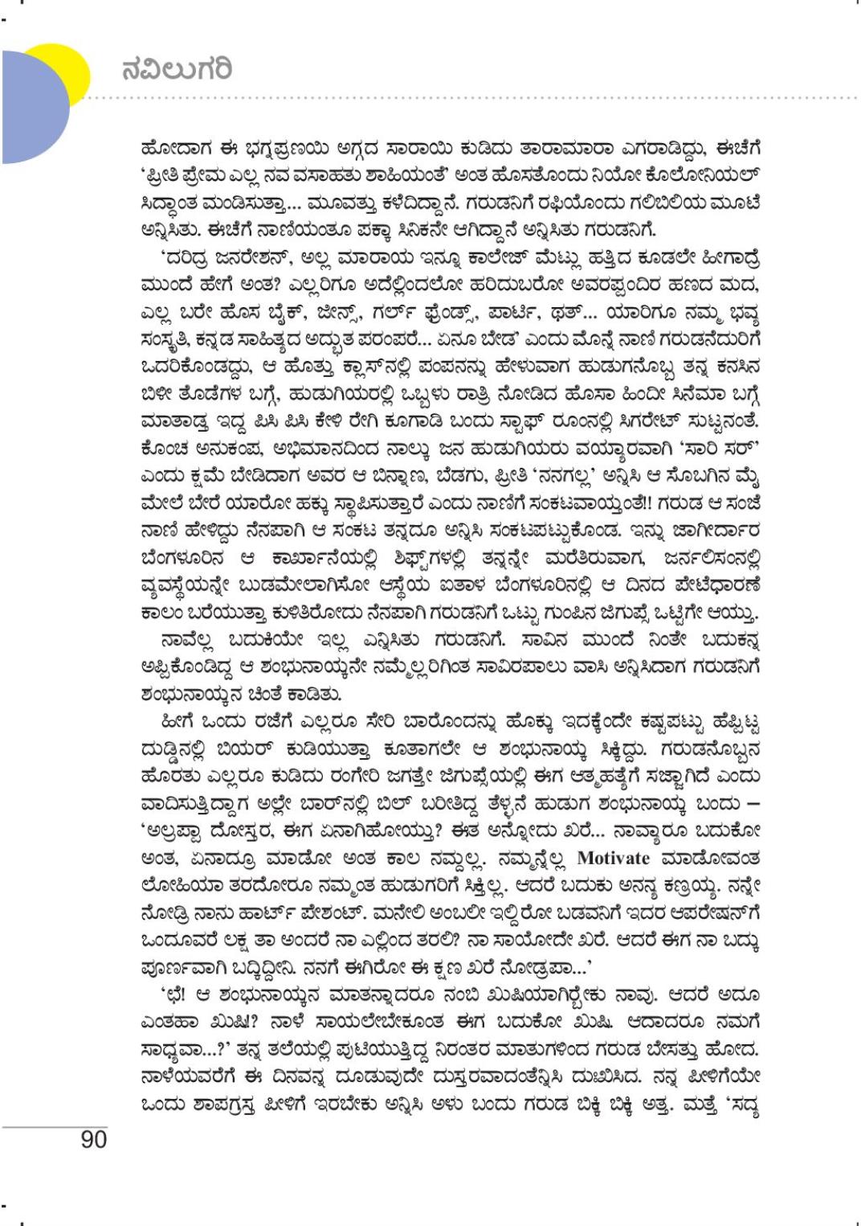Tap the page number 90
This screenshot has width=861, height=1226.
pyautogui.click(x=93, y=1139)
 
